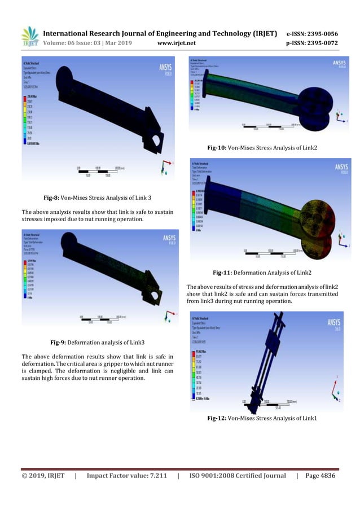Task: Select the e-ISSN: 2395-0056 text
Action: click(311, 33)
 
